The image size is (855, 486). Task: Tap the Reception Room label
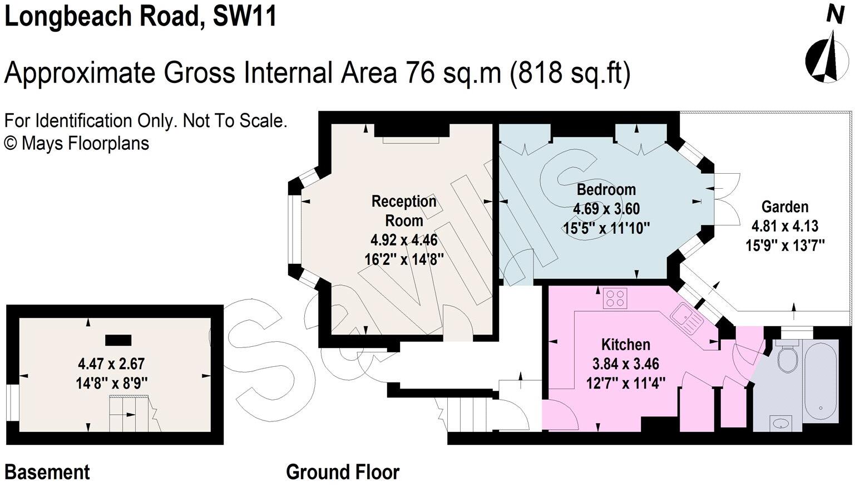pos(404,210)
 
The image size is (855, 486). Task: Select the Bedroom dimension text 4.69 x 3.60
pos(606,209)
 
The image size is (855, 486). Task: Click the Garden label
pos(784,207)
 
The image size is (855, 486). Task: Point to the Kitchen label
pos(625,344)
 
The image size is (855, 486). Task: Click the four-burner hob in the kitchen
pos(615,298)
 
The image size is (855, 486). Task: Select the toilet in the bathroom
pos(788,357)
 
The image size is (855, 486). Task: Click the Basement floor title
pos(47,472)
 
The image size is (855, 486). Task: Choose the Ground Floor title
pos(343,472)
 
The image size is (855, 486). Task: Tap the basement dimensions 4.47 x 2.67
pos(111,364)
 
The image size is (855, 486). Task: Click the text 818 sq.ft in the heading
pos(570,72)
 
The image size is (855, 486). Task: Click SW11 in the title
pos(245,16)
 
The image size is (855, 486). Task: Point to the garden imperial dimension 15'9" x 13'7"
pos(784,245)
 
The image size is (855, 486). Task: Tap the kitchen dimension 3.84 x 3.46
pos(625,364)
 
